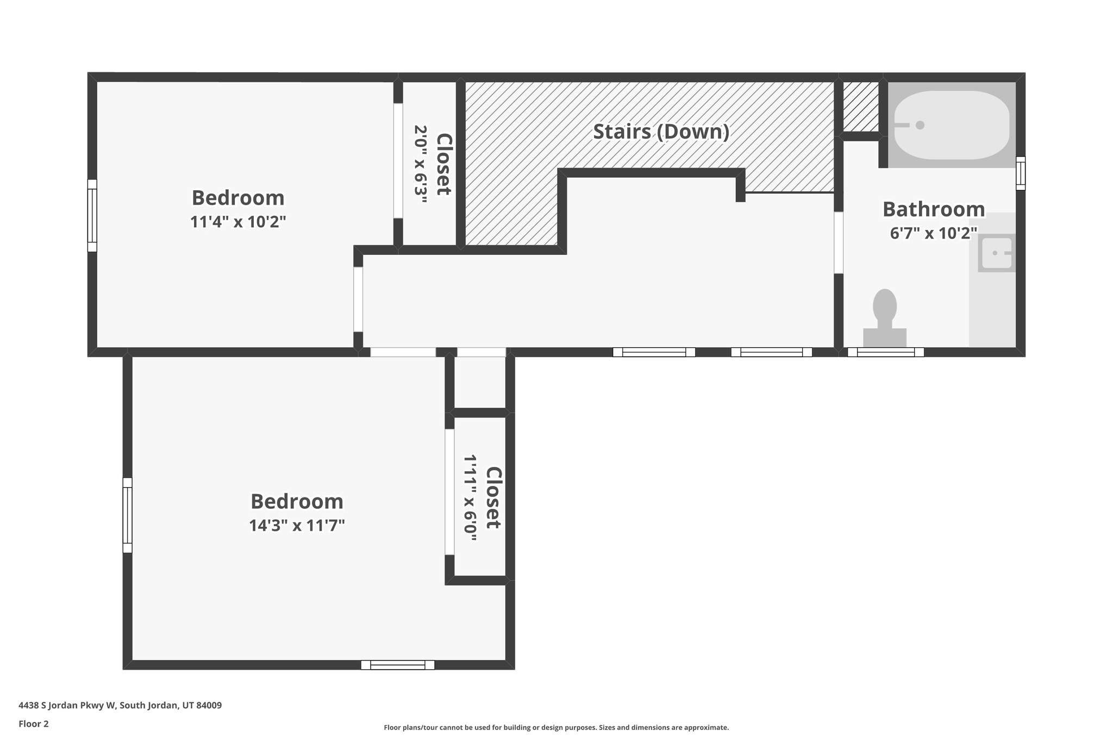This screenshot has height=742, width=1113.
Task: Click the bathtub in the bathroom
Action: [952, 125]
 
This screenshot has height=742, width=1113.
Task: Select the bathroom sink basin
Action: [997, 253]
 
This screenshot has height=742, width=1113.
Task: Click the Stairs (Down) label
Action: [660, 132]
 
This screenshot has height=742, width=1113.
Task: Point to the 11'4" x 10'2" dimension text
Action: [237, 222]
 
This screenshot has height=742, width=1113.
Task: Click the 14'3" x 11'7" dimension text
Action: [297, 526]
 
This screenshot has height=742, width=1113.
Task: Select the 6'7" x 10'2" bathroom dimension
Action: [933, 233]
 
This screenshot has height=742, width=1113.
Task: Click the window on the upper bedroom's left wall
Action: [92, 216]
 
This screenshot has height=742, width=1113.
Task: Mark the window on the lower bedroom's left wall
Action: [127, 515]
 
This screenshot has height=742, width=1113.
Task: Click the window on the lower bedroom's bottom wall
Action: [398, 665]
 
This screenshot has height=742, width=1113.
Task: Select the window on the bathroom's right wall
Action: [1021, 173]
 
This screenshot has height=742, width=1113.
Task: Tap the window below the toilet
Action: [885, 352]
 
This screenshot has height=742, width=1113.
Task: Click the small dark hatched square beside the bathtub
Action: [861, 107]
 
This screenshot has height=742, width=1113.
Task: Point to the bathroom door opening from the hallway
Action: [839, 242]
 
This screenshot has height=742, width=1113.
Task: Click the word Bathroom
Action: [933, 209]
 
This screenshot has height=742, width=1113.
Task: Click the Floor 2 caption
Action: [34, 724]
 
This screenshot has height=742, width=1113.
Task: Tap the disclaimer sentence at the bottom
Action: [556, 727]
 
